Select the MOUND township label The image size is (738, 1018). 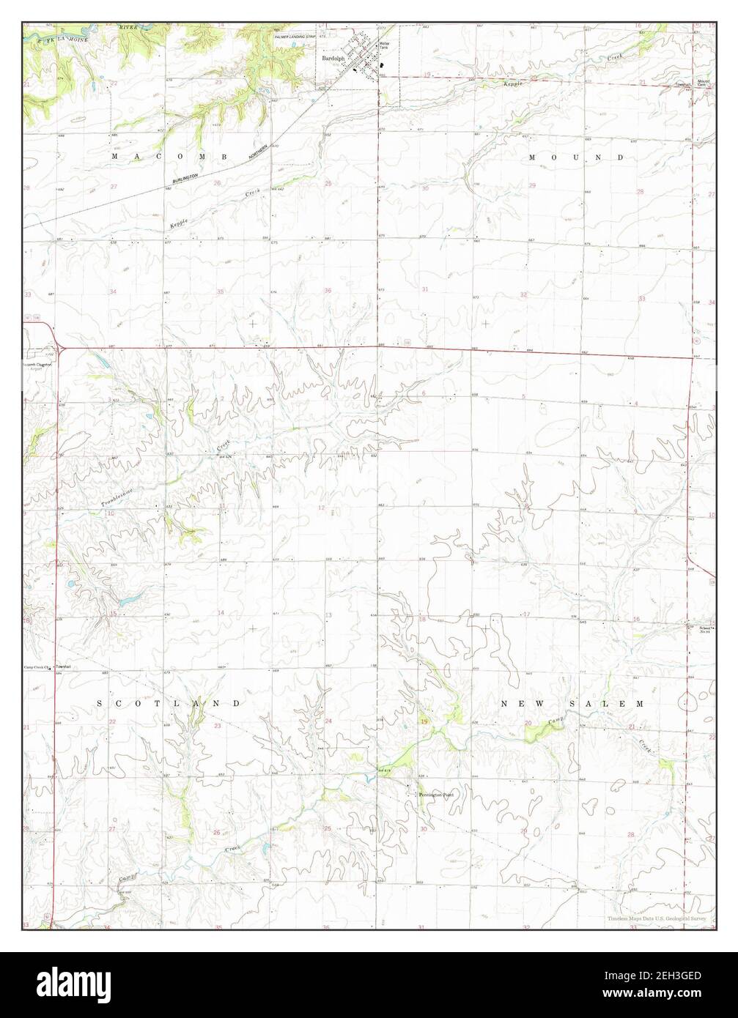point(576,157)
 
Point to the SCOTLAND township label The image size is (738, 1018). point(169,703)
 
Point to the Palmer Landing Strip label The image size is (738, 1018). point(294,35)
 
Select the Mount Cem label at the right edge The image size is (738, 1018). point(702,83)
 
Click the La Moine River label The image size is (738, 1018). point(73,34)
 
